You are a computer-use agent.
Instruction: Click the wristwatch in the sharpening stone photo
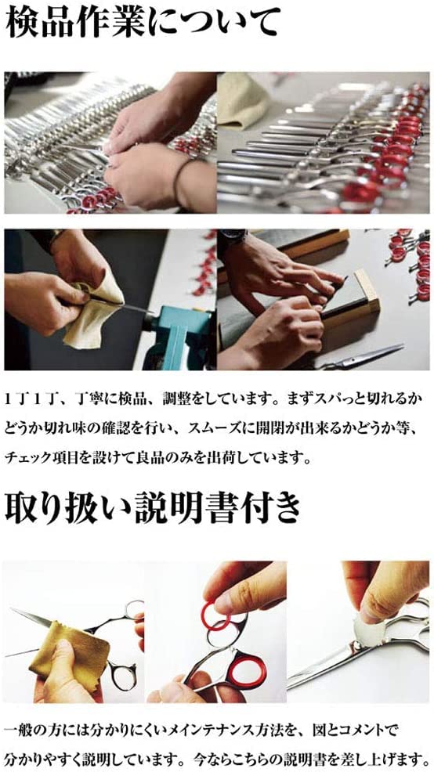pos(233,239)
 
